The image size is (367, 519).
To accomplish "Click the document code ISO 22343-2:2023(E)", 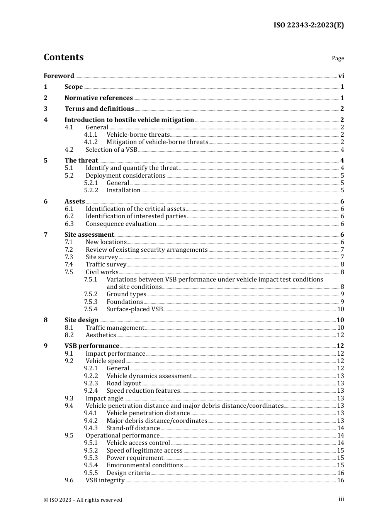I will (309, 25).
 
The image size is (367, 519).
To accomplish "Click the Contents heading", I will (63, 57).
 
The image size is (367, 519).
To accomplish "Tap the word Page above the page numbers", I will (338, 58).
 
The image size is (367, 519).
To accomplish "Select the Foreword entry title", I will (59, 76).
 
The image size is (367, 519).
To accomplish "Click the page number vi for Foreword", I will (341, 76).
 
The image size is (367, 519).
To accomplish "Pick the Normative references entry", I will (99, 98).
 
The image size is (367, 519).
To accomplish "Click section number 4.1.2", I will (91, 142).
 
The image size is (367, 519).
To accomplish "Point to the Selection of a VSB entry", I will (111, 149).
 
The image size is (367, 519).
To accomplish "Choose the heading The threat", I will (81, 160).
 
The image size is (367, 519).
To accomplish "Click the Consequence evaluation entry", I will (121, 224).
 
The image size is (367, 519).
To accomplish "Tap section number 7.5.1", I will (91, 279).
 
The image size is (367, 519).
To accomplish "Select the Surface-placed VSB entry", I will (134, 309).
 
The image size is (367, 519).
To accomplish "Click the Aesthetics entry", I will (100, 335).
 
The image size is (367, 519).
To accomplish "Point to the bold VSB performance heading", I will (92, 346).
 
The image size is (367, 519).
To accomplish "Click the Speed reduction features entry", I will (143, 390).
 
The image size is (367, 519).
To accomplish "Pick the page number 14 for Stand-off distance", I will (340, 428).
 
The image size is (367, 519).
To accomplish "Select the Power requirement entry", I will (135, 458).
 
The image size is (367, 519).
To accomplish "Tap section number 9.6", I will (69, 480).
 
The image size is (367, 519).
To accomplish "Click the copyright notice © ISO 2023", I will (83, 500).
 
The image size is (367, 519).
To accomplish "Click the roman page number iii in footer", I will (341, 499).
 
